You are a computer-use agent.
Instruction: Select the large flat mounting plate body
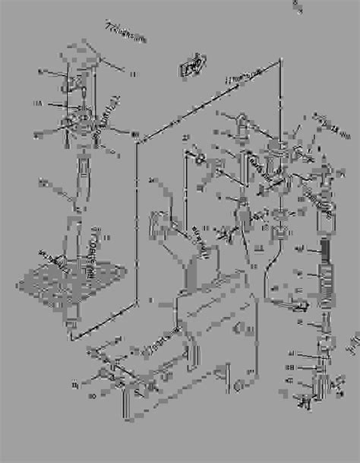click(220, 335)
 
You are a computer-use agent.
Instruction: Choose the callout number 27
click(185, 137)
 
